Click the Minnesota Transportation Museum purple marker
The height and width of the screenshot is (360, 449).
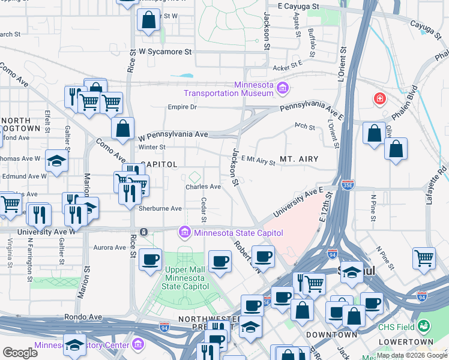point(283,89)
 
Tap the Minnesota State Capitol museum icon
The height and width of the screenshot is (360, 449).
point(184,232)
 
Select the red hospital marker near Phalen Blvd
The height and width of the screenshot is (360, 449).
point(379,98)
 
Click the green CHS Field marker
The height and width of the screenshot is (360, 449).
point(424,326)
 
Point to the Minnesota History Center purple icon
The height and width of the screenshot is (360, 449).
point(138,344)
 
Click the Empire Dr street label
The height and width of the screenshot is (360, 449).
point(182,107)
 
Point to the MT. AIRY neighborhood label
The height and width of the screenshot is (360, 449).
point(298,160)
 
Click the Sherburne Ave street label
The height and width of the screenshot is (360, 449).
point(160,208)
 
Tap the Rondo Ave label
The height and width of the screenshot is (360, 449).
point(85,317)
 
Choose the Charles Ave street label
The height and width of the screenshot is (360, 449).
point(203,187)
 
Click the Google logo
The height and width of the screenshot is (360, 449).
point(20,353)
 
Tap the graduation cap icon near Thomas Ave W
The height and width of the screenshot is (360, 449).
point(56,160)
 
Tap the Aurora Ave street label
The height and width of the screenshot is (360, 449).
point(110,247)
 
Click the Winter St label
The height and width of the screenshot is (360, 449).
point(152,147)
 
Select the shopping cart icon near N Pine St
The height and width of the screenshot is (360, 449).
point(424,257)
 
